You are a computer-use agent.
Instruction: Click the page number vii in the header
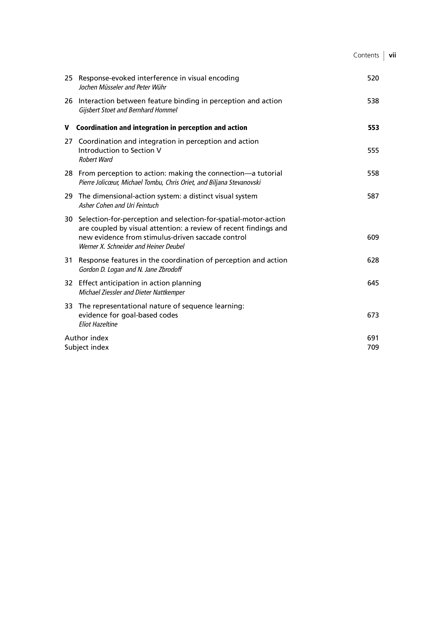[392, 55]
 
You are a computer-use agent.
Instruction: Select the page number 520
[373, 78]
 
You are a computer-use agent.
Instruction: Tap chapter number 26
[69, 101]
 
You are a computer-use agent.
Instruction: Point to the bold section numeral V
[67, 128]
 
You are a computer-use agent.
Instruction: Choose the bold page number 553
[373, 128]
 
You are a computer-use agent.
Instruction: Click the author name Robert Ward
[96, 160]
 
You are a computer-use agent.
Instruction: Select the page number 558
[373, 173]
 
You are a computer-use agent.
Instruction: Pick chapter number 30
[69, 219]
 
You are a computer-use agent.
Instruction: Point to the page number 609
[373, 237]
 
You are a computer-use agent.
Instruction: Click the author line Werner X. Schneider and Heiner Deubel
[131, 247]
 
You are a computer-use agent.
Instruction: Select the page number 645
[373, 283]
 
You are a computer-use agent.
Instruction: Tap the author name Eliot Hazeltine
[98, 324]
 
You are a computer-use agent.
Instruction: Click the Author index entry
[86, 338]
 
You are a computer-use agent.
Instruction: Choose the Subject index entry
[87, 347]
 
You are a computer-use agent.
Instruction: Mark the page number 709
[373, 347]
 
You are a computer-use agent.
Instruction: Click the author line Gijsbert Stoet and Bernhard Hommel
[128, 110]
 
